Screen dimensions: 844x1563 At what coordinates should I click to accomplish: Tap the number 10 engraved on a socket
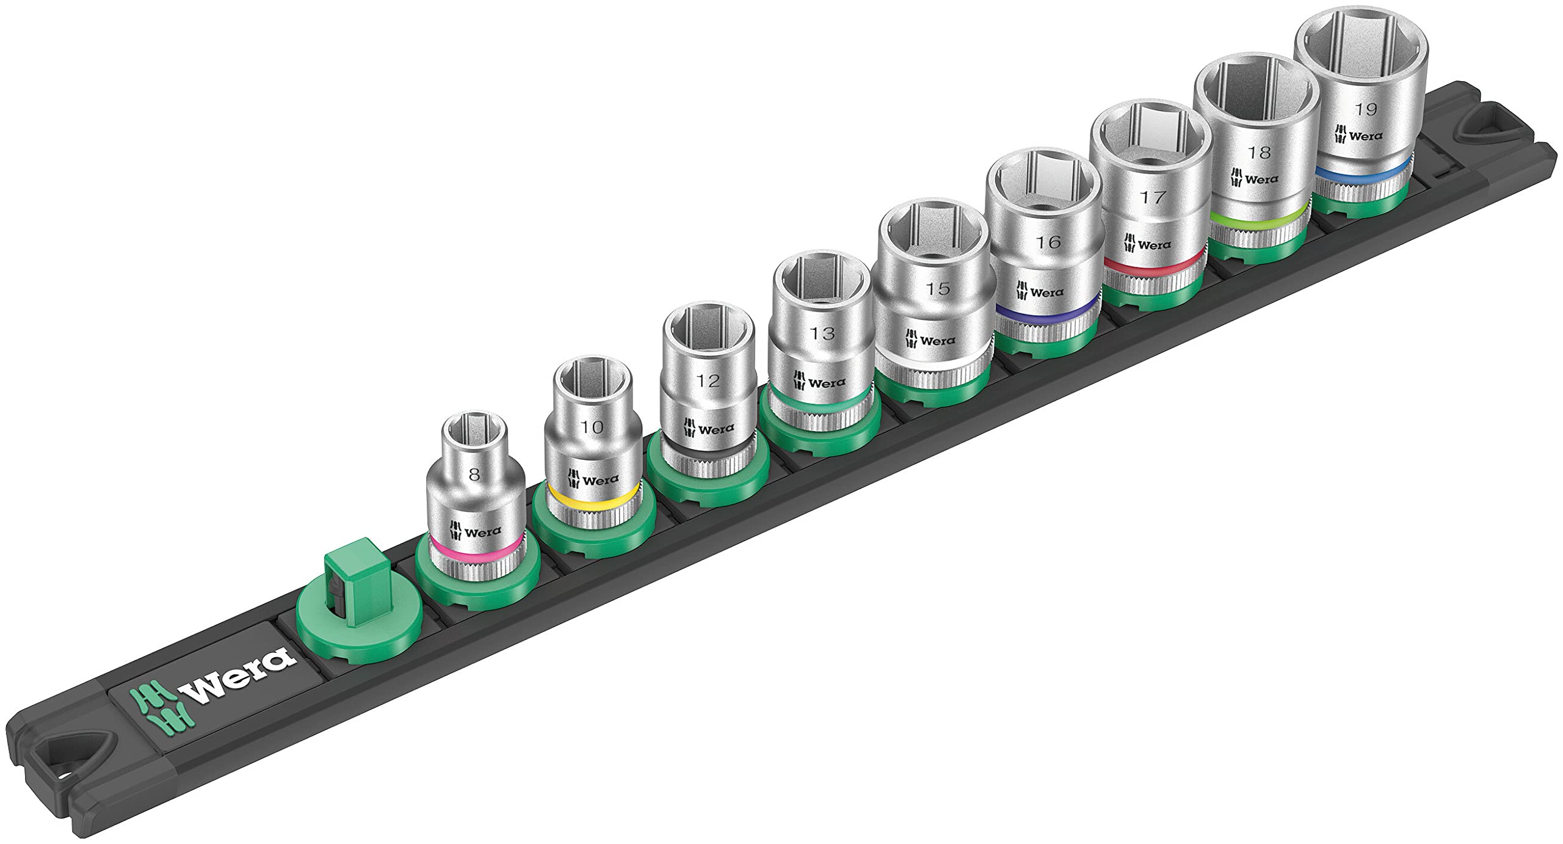point(592,426)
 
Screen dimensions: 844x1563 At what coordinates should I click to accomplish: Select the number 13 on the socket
point(822,333)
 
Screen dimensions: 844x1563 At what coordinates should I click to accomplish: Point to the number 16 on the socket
point(1048,242)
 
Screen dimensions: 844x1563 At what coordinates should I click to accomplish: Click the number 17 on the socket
point(1152,197)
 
